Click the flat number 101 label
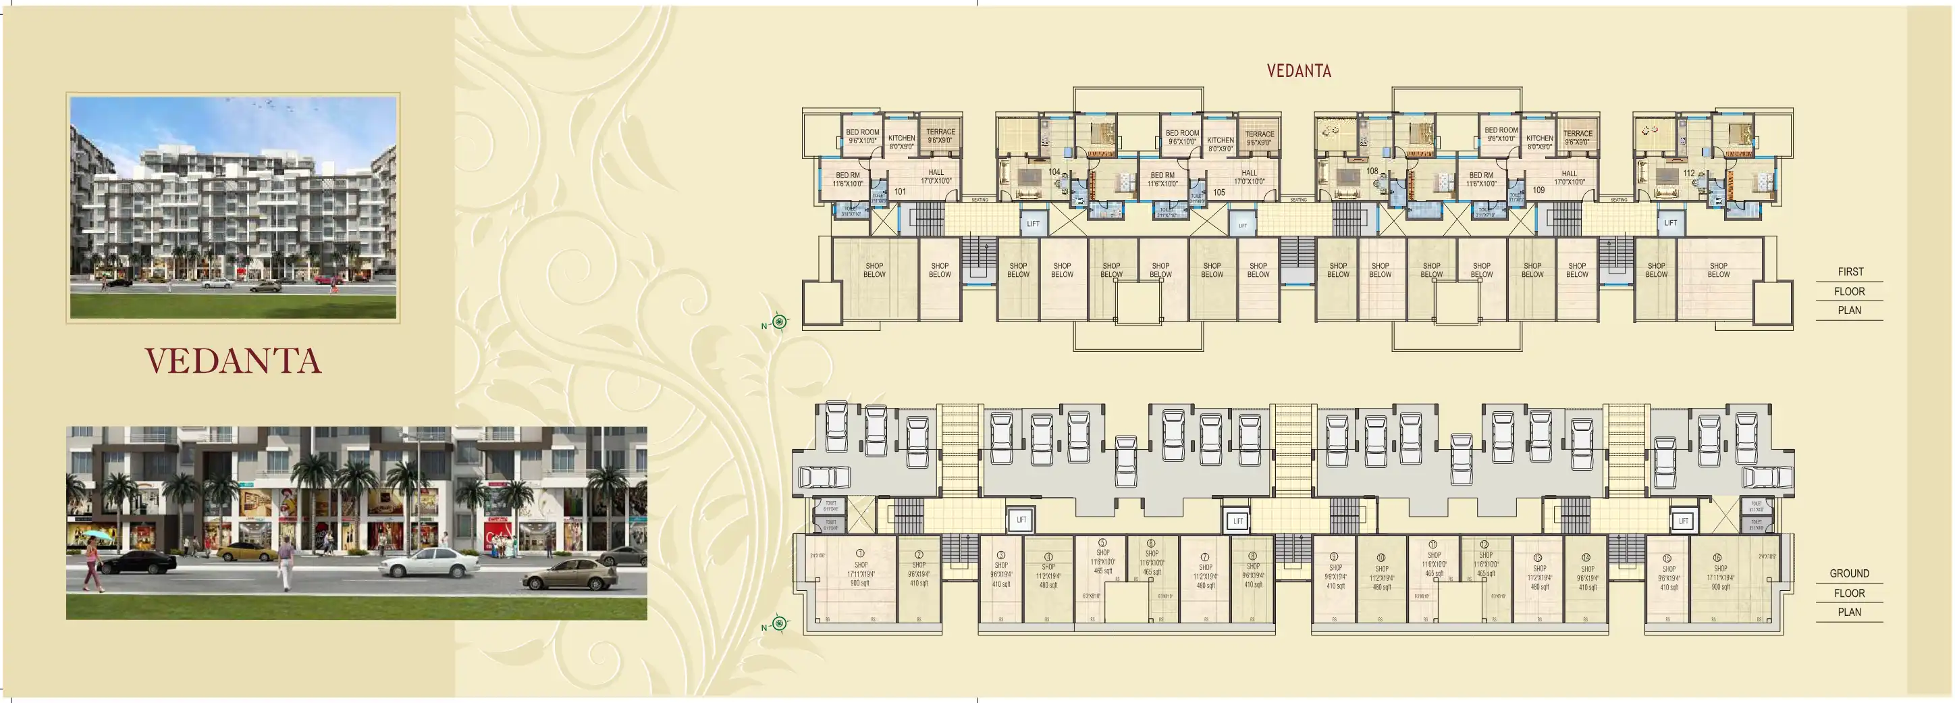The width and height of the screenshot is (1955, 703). coord(899,192)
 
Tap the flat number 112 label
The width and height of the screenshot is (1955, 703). coord(1688,173)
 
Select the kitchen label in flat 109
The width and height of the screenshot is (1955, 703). coord(1539,142)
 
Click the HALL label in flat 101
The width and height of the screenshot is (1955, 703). coord(936,177)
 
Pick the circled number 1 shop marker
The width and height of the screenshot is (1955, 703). coord(860,554)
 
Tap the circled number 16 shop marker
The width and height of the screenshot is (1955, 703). coord(1717,557)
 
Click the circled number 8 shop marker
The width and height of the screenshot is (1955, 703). coord(1252,556)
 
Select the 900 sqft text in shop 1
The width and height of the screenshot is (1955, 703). coord(860,583)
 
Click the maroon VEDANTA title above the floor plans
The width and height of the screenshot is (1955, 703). coord(1299,72)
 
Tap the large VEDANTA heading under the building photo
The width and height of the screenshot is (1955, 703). coord(233,361)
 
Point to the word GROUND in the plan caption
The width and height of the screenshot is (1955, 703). coord(1849,574)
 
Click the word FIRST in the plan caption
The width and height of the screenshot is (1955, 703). coord(1850,271)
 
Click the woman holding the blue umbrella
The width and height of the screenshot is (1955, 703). coord(92,558)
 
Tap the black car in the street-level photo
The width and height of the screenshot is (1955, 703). coord(139,563)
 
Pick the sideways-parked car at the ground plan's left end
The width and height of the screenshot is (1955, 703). coord(824,477)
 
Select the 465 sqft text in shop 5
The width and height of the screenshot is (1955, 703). coord(1102,571)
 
